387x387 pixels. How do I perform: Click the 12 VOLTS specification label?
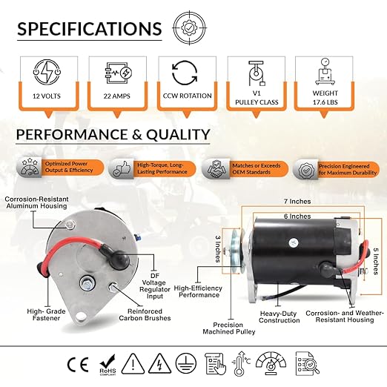[47, 96]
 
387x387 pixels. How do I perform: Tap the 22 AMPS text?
[116, 96]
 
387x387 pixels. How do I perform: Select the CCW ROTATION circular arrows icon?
[185, 73]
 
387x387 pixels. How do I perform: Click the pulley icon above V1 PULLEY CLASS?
[257, 73]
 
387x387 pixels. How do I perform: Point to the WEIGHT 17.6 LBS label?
[325, 98]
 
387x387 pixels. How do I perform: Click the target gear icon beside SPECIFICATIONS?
[189, 28]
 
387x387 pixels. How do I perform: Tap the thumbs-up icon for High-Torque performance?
[120, 169]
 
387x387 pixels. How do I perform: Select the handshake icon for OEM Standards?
[215, 169]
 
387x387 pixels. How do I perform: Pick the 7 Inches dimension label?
[297, 202]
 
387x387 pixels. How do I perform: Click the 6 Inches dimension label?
[297, 216]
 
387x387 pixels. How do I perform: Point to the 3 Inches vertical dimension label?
[217, 248]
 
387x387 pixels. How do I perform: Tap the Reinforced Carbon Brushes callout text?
[145, 314]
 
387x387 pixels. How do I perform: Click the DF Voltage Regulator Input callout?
[155, 286]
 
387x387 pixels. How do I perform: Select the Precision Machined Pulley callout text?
[229, 328]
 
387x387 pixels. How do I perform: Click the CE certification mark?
[78, 365]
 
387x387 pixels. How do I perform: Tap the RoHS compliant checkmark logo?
[107, 365]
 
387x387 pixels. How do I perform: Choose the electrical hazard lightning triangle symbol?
[159, 363]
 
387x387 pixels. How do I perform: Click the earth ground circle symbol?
[186, 363]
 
